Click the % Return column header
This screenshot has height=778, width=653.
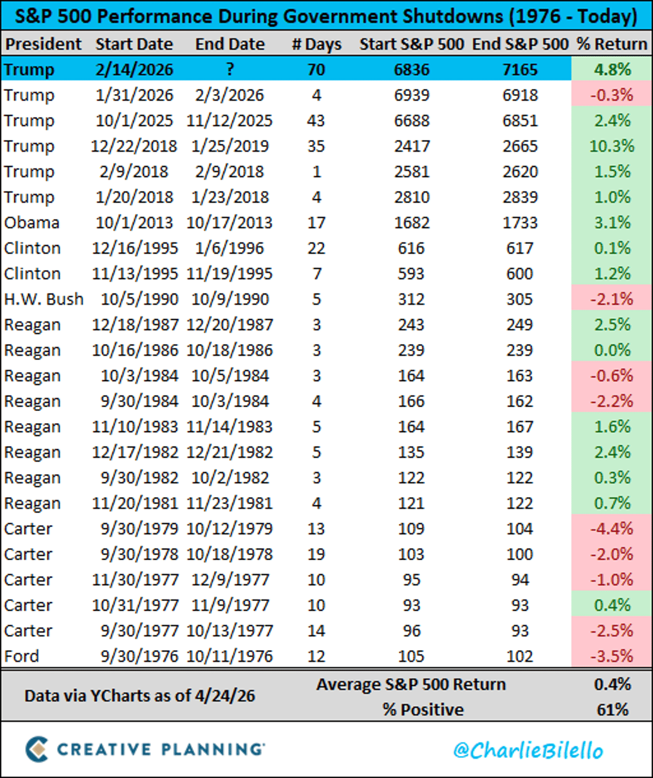[612, 44]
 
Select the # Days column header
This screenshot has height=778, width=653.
[316, 44]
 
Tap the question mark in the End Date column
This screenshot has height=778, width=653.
[230, 69]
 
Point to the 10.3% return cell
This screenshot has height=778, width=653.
[612, 146]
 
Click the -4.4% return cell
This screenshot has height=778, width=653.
[612, 529]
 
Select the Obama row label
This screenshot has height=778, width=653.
[32, 223]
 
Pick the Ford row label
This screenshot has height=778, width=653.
[22, 656]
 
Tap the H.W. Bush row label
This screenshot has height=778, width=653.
[44, 299]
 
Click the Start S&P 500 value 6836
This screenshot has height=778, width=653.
[411, 69]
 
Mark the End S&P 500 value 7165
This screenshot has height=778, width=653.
[520, 69]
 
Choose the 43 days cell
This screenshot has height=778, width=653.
[316, 120]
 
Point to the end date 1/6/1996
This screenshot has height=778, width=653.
[230, 248]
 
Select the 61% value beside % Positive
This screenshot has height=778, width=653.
[612, 709]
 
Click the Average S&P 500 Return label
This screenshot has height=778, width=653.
[411, 684]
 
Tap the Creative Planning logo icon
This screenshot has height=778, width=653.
[37, 749]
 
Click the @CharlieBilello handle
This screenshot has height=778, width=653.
[528, 750]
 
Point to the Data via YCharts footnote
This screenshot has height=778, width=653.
[139, 696]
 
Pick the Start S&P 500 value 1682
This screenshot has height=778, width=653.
[411, 223]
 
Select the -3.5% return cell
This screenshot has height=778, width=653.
[612, 656]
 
